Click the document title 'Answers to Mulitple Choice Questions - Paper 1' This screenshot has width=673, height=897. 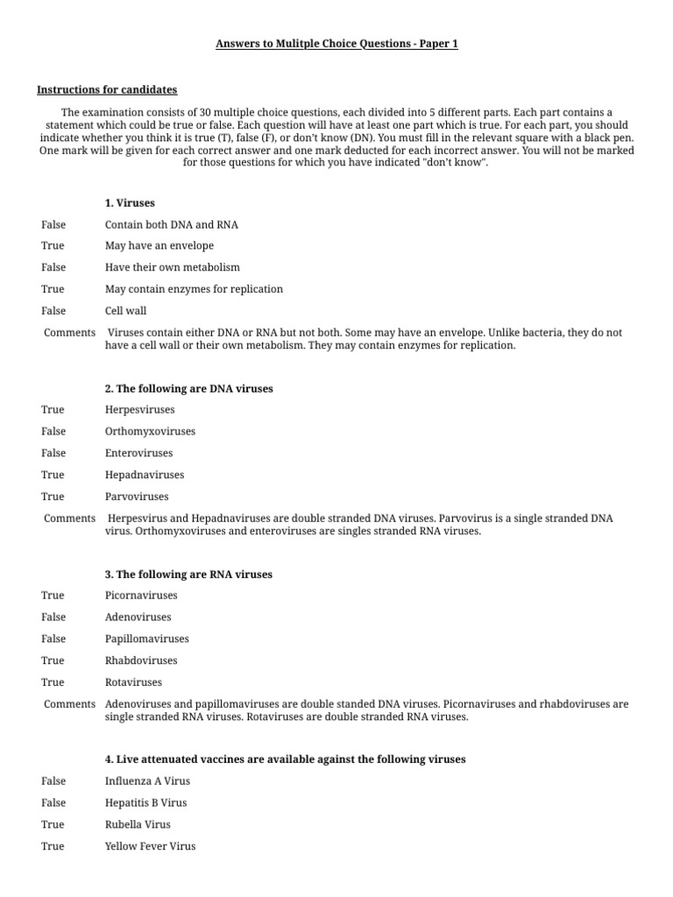(x=336, y=44)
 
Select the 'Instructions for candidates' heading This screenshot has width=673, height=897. (x=106, y=89)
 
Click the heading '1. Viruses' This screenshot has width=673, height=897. (x=130, y=202)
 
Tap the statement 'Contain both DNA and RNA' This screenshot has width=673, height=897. (x=171, y=224)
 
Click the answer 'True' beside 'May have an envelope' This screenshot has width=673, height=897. (x=53, y=246)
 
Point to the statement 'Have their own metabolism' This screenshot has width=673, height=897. (x=172, y=267)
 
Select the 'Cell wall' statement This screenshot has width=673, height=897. (x=125, y=310)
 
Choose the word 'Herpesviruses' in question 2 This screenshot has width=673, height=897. (x=139, y=410)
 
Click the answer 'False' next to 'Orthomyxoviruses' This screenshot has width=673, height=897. (x=53, y=431)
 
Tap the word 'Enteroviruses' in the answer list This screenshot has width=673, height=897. (x=138, y=453)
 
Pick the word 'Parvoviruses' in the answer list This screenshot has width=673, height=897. (x=137, y=496)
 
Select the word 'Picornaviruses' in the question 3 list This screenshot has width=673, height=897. (x=140, y=596)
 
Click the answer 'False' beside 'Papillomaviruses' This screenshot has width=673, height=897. (x=53, y=639)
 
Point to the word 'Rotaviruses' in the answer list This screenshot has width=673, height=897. (x=133, y=682)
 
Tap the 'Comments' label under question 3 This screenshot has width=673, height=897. (x=69, y=703)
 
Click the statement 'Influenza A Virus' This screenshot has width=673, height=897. (x=147, y=781)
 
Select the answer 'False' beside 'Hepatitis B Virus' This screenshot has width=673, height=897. (x=53, y=802)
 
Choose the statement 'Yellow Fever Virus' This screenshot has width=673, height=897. (x=150, y=846)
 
